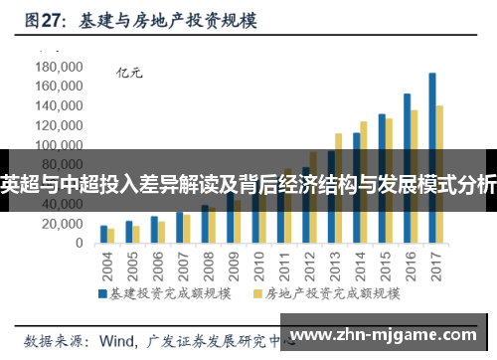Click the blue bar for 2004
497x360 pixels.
tap(103, 234)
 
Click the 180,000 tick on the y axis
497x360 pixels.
tap(58, 67)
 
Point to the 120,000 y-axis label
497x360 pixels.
tap(58, 125)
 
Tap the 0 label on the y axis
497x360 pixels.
tap(79, 244)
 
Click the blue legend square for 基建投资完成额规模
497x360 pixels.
tap(101, 294)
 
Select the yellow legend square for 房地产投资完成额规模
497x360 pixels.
tap(257, 294)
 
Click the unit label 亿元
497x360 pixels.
tap(130, 72)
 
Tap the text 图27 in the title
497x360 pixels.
tap(45, 17)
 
